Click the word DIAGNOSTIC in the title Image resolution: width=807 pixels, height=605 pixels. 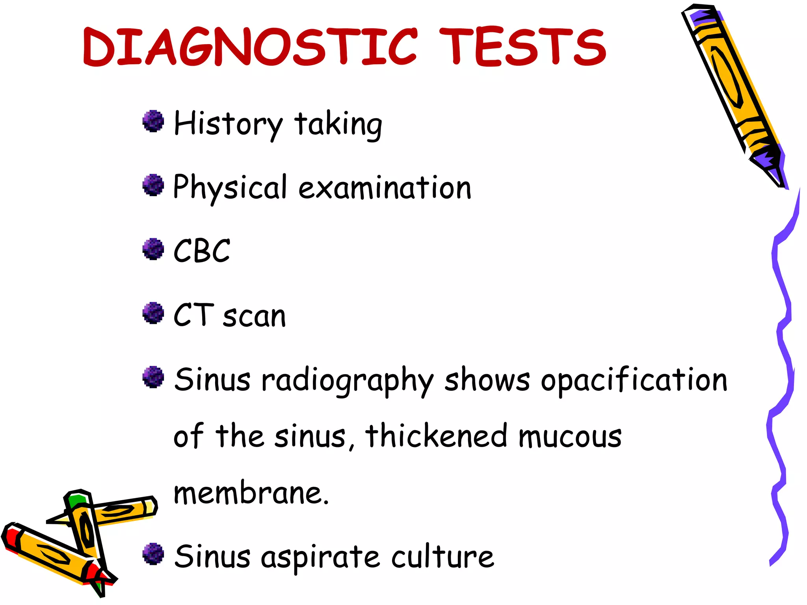(x=250, y=46)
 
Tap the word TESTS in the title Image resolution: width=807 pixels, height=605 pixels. (x=523, y=46)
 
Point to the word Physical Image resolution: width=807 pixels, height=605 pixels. (x=230, y=187)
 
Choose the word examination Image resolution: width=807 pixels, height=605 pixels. (x=385, y=187)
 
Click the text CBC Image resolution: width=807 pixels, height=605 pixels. (x=202, y=251)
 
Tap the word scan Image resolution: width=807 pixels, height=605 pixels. (x=254, y=316)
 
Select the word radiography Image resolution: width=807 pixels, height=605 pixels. (x=347, y=380)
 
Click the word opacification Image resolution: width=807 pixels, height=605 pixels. (x=634, y=380)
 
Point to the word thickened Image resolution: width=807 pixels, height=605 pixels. (x=436, y=436)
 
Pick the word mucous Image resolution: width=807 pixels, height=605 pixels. (x=570, y=436)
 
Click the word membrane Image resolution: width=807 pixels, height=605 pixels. (x=251, y=493)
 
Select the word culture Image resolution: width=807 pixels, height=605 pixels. (x=443, y=557)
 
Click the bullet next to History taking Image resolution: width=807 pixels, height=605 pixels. (x=153, y=121)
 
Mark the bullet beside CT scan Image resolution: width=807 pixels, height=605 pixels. (x=153, y=313)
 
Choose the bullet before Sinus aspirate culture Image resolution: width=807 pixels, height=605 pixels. (x=153, y=554)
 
